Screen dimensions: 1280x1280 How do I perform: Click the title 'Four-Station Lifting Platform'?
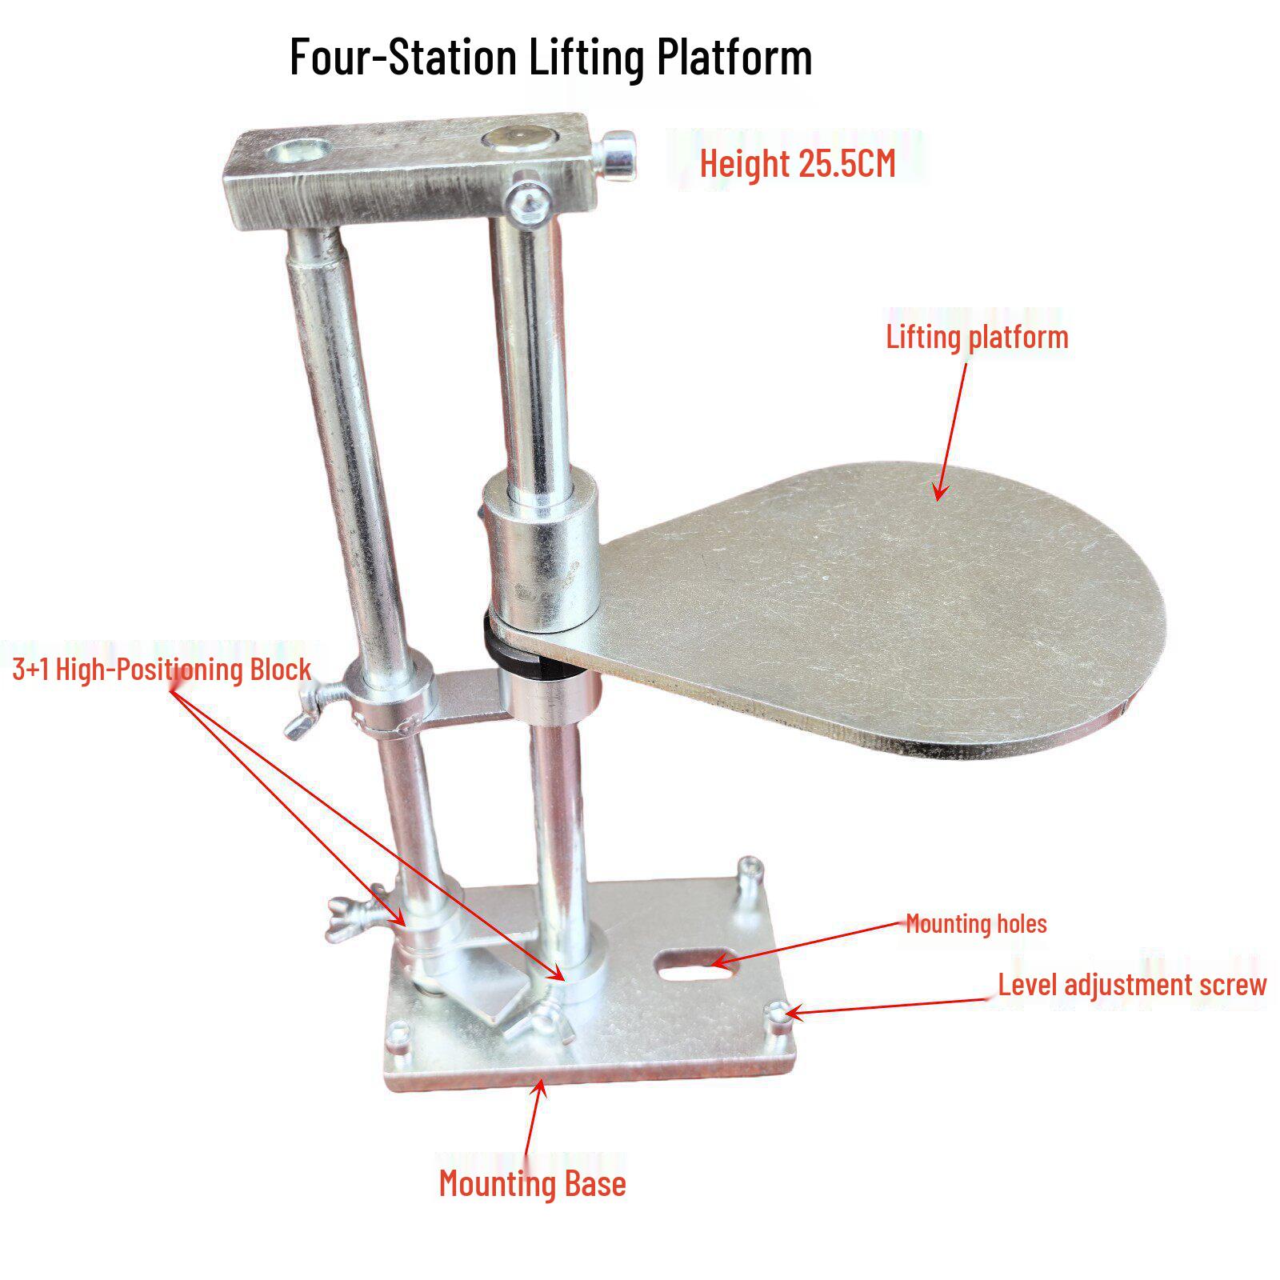click(550, 58)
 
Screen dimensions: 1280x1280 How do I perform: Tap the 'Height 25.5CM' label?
click(798, 163)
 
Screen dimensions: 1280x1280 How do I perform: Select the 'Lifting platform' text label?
click(977, 337)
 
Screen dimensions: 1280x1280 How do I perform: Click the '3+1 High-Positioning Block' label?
click(162, 669)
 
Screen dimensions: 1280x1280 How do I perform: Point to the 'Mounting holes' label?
click(976, 924)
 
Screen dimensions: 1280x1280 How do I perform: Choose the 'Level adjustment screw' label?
click(1132, 984)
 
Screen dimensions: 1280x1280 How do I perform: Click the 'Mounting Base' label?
click(532, 1183)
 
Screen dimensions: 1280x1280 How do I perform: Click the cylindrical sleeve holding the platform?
click(542, 554)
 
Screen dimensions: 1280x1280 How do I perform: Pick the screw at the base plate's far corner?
click(751, 874)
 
